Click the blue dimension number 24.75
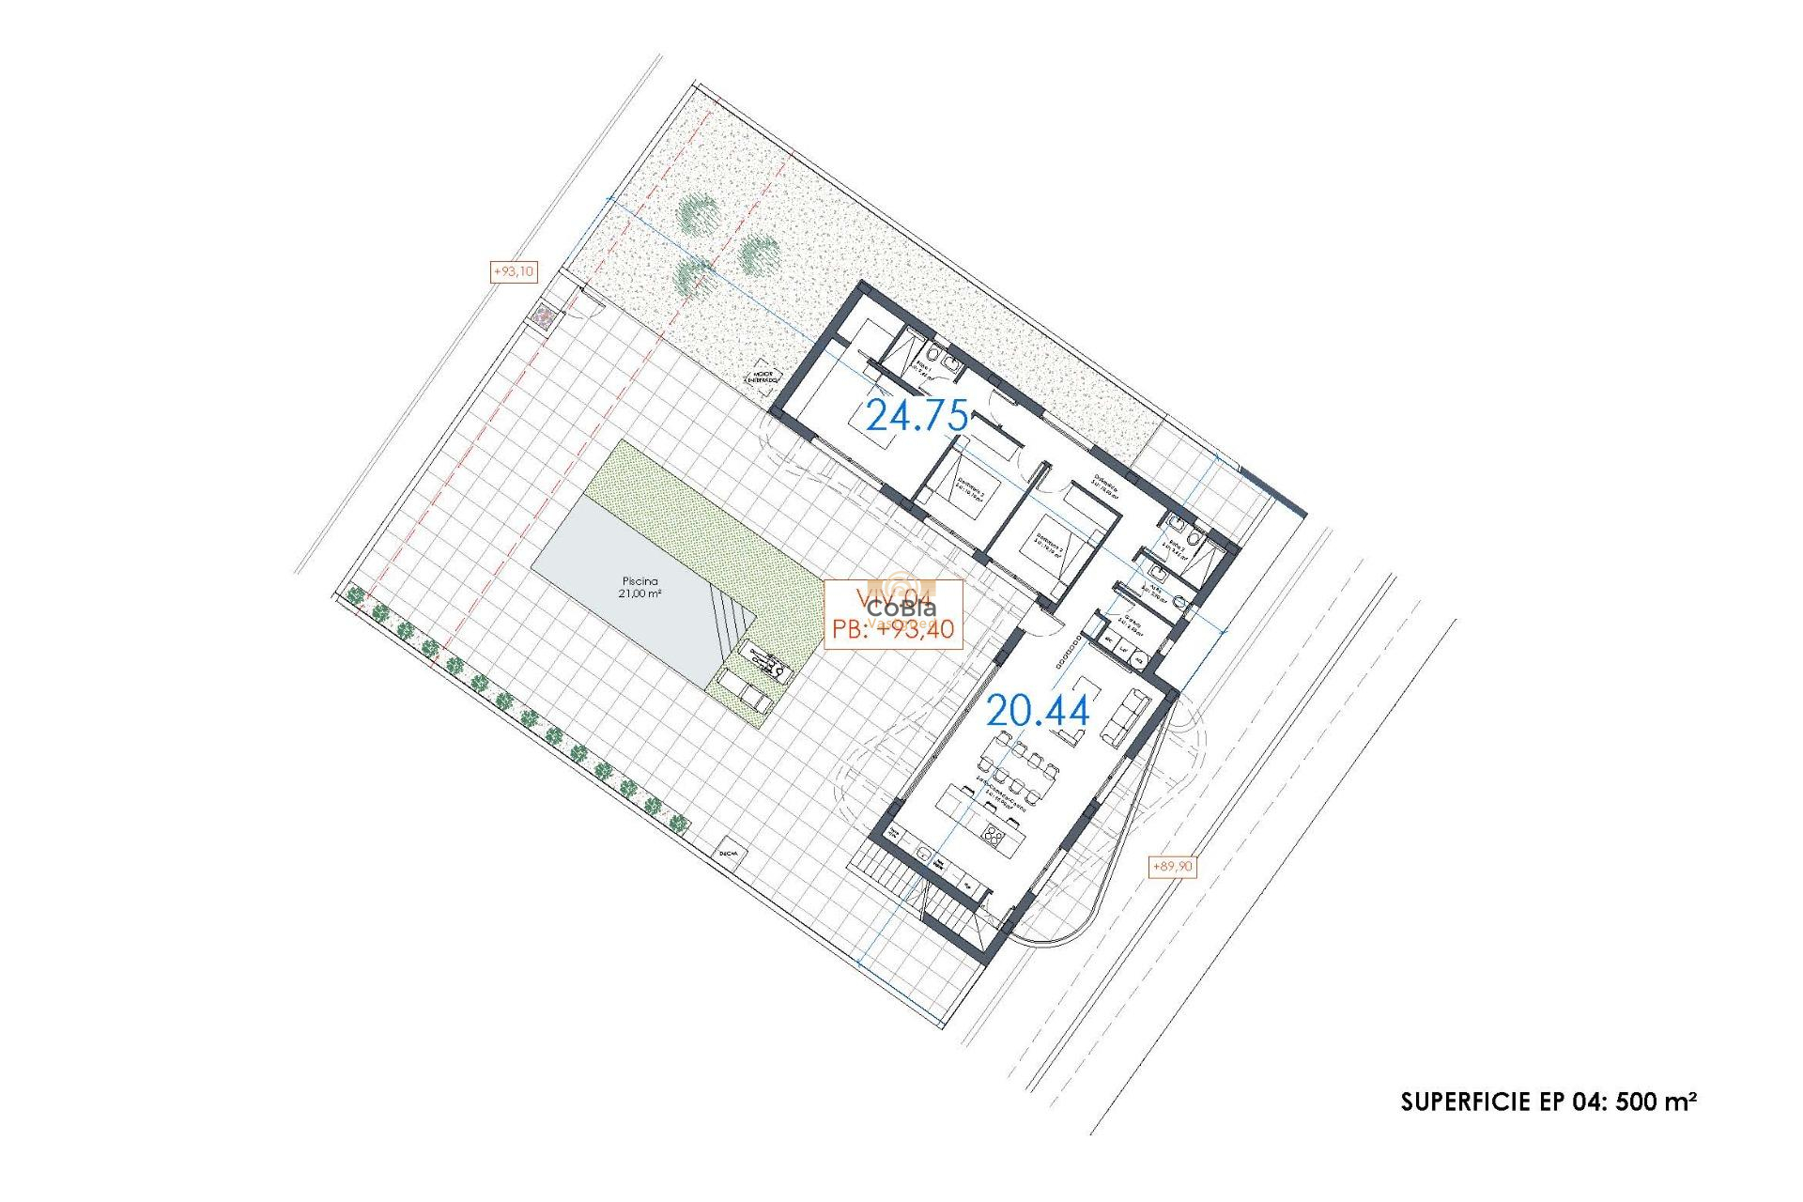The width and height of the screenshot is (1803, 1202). coord(917,415)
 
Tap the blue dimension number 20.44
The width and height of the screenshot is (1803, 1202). coord(1038,712)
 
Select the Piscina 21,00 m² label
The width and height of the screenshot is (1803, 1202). coord(640,588)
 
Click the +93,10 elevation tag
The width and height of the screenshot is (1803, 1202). coord(514,271)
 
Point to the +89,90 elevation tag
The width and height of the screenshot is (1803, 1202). coord(1172,866)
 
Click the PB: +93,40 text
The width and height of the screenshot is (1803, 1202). coord(893,629)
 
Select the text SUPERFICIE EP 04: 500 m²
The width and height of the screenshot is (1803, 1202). coord(1549,1102)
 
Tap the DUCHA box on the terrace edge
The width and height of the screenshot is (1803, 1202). coord(729,854)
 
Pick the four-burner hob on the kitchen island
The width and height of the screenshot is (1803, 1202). coord(995,835)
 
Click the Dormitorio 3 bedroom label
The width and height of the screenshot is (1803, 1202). coord(1049,545)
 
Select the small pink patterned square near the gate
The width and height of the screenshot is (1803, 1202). coord(544,316)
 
